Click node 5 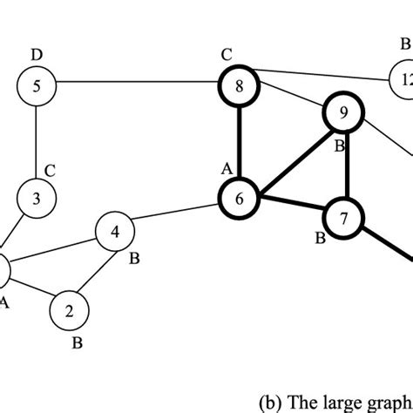click(36, 85)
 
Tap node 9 click(342, 113)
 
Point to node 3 click(36, 198)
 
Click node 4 click(115, 233)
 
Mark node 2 click(70, 308)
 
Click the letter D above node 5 click(36, 56)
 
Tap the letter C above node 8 click(227, 56)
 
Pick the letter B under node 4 click(135, 259)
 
